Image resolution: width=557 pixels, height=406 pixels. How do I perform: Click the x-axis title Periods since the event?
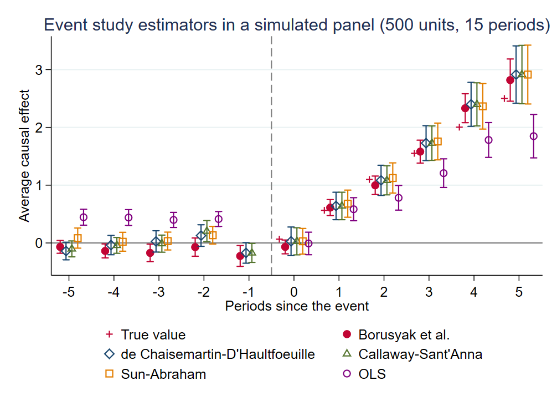pos(297,306)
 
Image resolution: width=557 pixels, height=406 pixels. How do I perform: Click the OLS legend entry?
pos(372,374)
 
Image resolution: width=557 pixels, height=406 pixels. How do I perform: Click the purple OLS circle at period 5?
pos(534,136)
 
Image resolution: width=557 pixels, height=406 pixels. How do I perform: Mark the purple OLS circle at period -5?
pos(84,217)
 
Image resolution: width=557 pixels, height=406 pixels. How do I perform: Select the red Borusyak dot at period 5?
pos(510,80)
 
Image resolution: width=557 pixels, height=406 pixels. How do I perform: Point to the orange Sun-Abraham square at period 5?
pos(527,74)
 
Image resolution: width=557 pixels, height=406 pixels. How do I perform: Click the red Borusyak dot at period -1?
pos(240,256)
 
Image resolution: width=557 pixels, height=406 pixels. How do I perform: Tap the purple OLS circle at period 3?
pos(443,173)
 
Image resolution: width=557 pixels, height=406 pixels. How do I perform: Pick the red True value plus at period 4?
pos(459,127)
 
